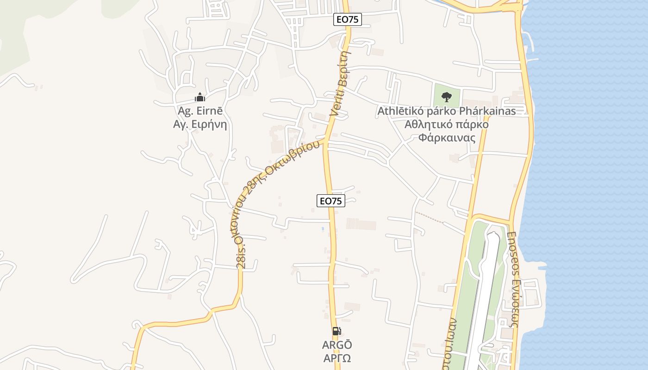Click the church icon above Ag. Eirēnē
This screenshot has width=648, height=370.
[199, 97]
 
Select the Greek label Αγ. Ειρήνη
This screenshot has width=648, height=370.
[200, 124]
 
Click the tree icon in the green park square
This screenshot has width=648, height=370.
[447, 97]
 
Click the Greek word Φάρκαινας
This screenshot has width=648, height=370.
[447, 138]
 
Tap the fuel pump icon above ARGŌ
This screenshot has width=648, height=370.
[337, 331]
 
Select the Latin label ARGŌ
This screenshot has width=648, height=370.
[337, 345]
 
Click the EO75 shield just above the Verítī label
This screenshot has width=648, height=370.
[347, 19]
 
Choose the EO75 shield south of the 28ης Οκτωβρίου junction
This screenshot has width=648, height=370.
[331, 201]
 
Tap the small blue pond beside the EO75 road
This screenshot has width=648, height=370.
[323, 228]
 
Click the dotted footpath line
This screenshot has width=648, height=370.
[429, 217]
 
